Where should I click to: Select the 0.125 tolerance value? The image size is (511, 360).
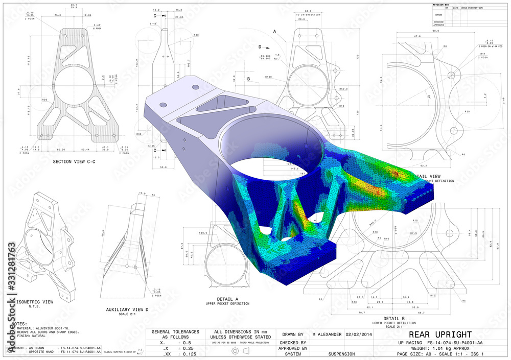tap(189, 353)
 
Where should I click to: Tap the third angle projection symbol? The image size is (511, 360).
tap(240, 351)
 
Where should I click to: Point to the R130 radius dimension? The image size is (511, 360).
tap(268, 77)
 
